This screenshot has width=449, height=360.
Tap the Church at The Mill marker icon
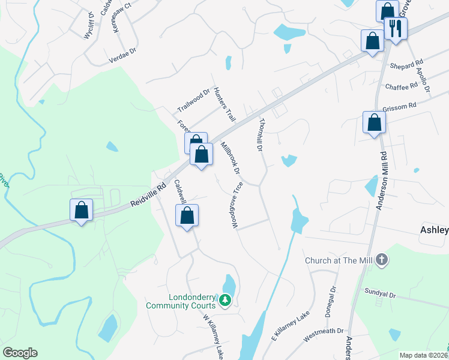382,260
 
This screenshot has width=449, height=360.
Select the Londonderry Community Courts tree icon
225,299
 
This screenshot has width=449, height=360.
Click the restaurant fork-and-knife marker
396,28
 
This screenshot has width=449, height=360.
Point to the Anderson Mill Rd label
380,180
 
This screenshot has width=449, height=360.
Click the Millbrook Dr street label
230,158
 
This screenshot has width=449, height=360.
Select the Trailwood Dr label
193,101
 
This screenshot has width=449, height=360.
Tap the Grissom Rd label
403,106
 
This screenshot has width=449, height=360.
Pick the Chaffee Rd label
402,86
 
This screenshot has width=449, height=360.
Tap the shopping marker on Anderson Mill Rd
374,123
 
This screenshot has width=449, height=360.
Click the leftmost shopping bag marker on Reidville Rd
81,211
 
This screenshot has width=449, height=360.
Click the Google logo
20,353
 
